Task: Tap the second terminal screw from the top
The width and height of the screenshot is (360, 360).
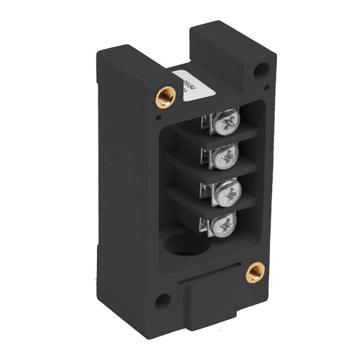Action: click(x=227, y=157)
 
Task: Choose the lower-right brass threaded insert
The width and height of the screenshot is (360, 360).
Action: click(x=253, y=270)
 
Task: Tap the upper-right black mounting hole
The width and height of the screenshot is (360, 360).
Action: click(x=262, y=71)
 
